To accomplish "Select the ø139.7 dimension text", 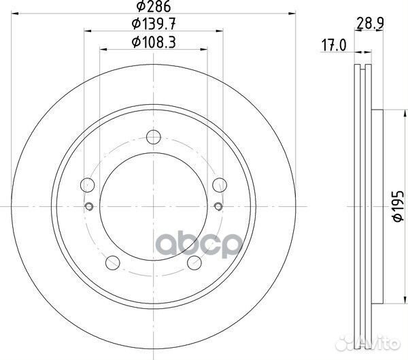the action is point(154,24).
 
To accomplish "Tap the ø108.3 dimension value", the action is point(154,42).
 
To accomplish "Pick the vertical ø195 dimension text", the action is point(398,207).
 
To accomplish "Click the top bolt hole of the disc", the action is point(154,137).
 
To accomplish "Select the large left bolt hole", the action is point(88,185).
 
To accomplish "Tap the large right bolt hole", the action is point(220,185).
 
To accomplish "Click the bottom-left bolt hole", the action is point(113,263).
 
